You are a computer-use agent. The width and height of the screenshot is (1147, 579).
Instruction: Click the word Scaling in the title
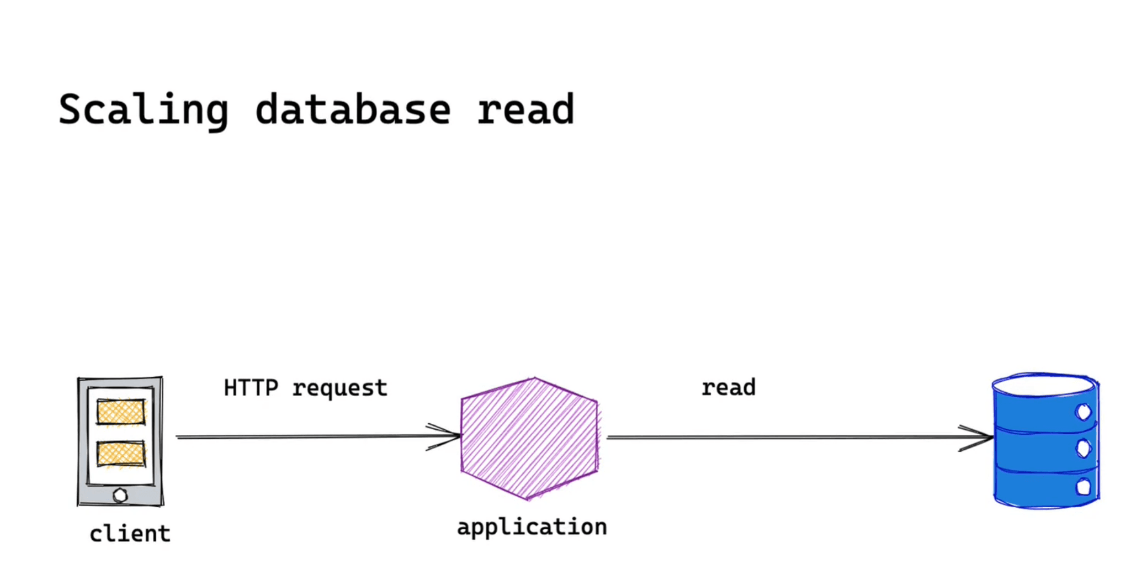click(143, 110)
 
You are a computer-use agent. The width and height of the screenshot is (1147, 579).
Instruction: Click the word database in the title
click(353, 110)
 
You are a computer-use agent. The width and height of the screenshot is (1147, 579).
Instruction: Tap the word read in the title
click(525, 110)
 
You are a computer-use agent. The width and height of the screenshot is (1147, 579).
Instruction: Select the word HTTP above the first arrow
click(251, 388)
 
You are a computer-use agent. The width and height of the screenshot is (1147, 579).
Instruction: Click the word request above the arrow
click(339, 388)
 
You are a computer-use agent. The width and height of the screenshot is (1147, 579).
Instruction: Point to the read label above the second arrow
click(728, 387)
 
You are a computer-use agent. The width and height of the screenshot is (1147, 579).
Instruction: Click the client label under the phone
click(130, 534)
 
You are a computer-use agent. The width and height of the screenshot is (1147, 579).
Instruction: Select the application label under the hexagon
click(532, 527)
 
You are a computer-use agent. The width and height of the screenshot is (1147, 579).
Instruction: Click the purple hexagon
click(529, 439)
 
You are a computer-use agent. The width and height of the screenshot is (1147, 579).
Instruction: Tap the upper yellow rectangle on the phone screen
click(121, 412)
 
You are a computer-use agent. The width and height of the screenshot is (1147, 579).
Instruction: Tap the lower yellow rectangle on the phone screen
click(121, 454)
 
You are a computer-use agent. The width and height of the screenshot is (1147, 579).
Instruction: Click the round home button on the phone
click(120, 495)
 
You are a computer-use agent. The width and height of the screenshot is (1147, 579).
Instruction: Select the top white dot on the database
click(1083, 412)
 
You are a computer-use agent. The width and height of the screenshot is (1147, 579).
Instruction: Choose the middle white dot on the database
click(1083, 448)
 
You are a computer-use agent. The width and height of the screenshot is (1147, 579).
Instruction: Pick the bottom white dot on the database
click(1083, 487)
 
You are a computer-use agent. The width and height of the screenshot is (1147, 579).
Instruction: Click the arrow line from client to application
click(304, 437)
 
